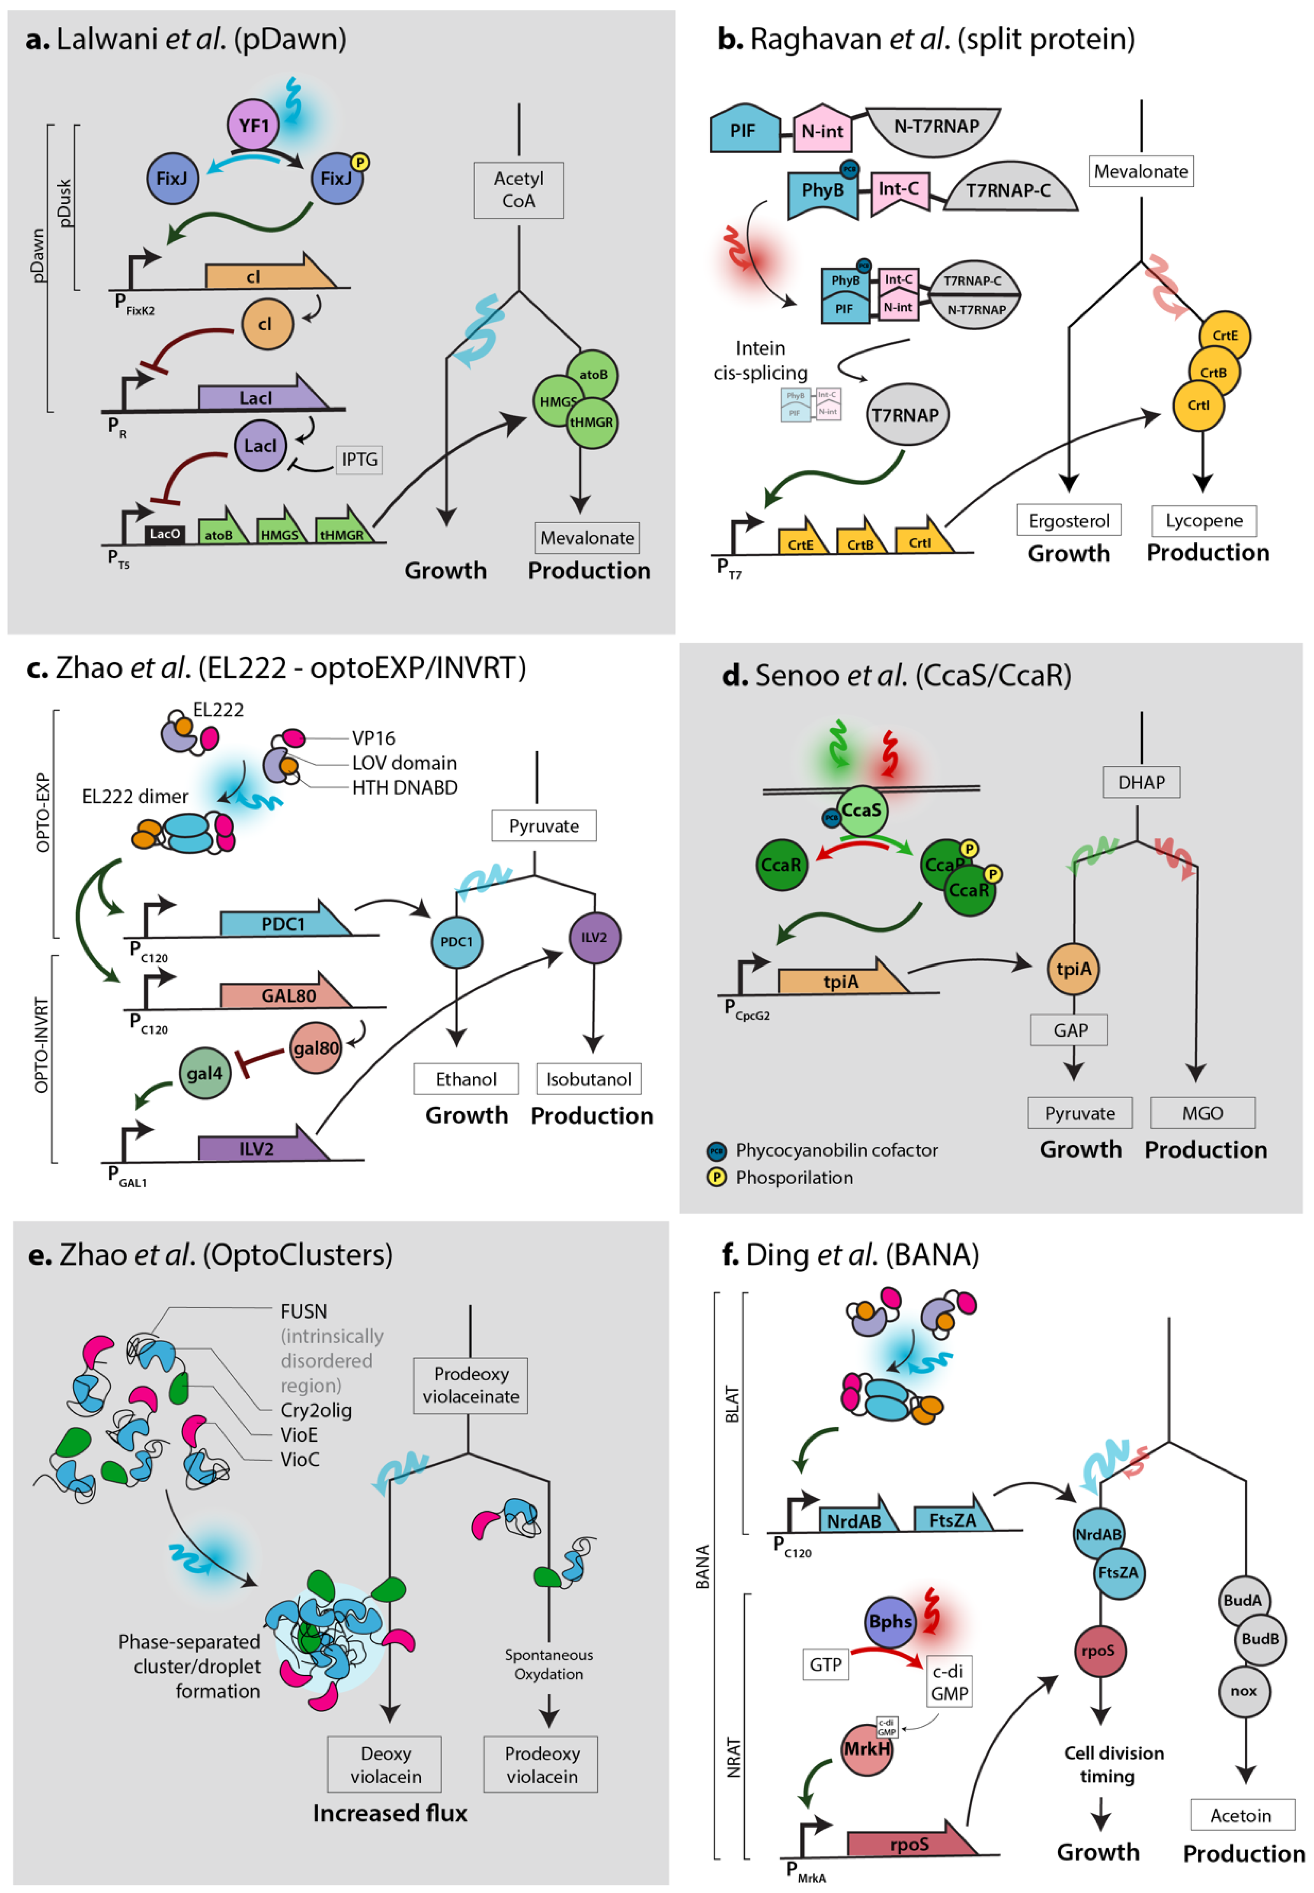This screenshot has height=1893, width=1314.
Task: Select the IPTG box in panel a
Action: (359, 459)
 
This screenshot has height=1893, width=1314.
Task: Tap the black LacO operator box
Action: (164, 534)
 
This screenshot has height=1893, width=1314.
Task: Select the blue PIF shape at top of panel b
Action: (744, 130)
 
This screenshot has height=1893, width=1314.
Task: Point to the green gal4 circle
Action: (204, 1073)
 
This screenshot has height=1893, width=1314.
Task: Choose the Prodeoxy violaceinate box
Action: (470, 1385)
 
